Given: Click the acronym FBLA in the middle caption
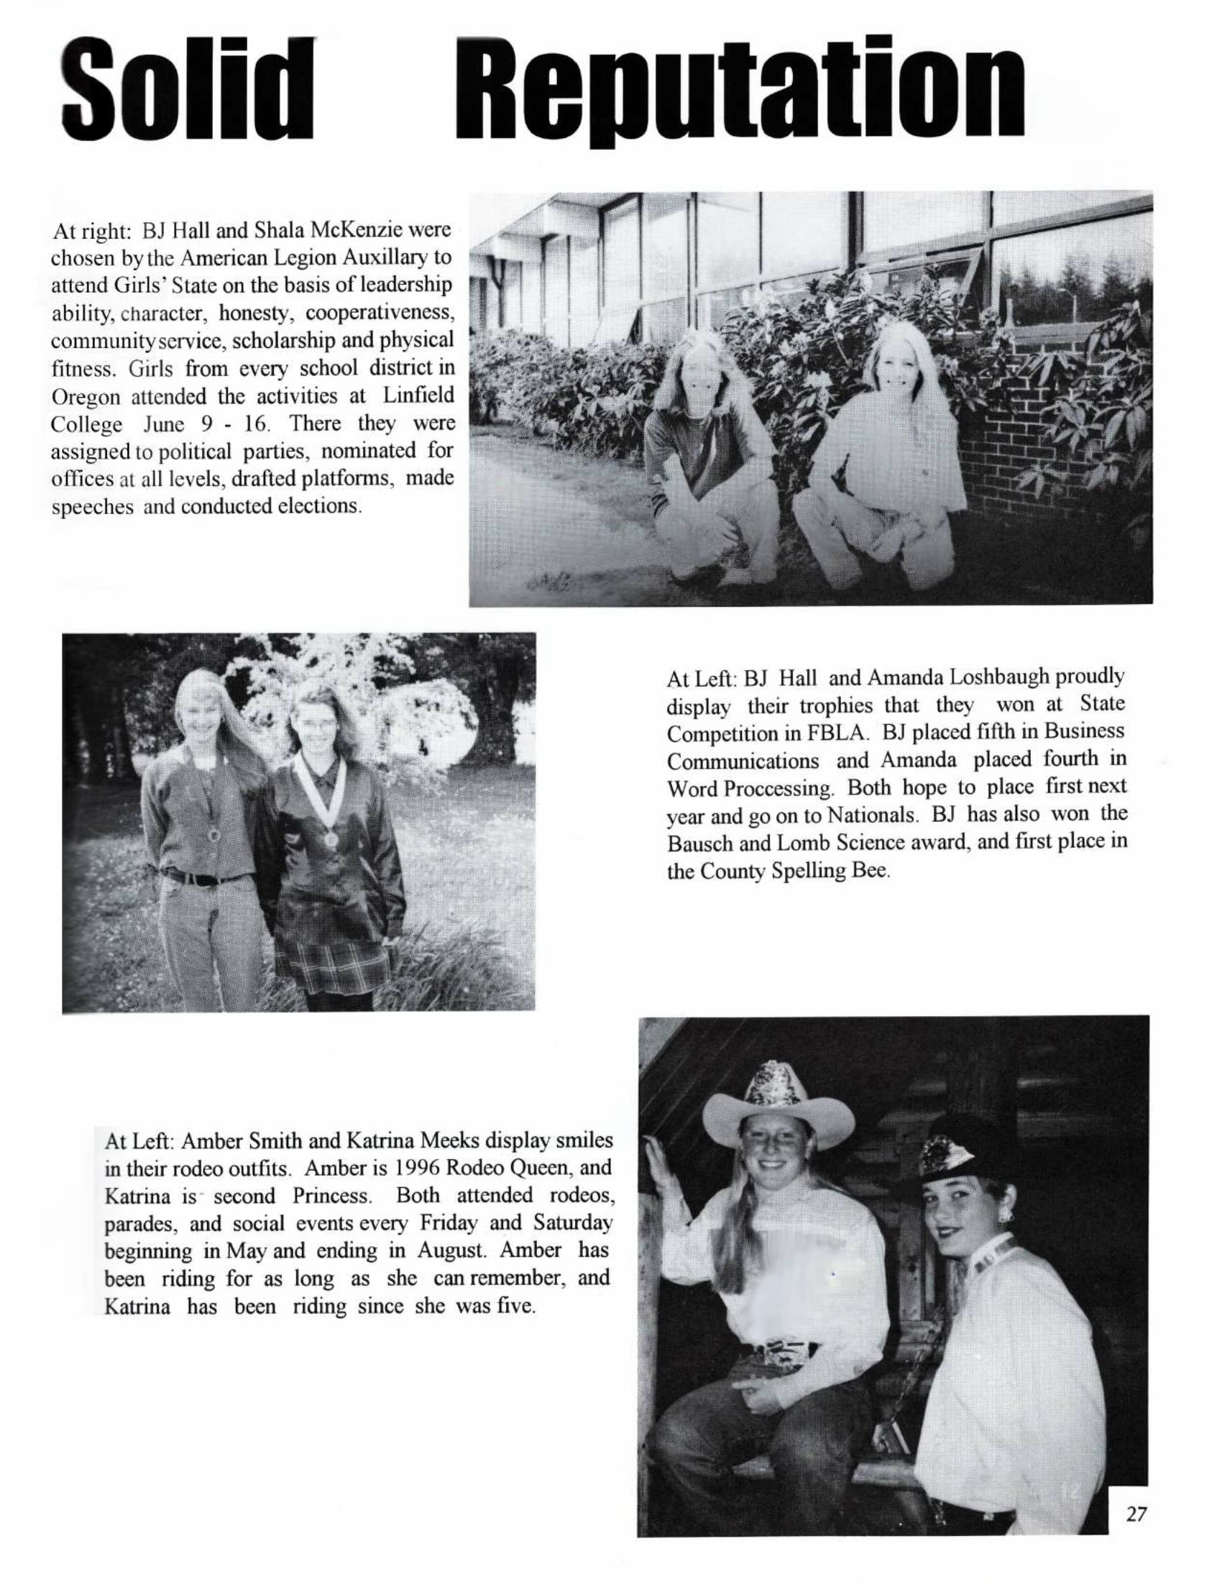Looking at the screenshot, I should pos(835,732).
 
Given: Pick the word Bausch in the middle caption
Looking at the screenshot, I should pos(698,843).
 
